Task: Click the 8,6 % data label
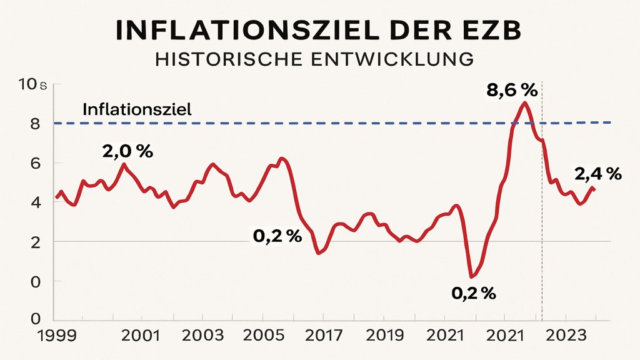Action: coord(511,91)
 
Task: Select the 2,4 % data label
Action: coord(597,173)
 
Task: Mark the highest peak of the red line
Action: coord(525,102)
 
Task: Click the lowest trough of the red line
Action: coord(471,276)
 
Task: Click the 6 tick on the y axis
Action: coord(36,163)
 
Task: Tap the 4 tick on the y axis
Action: coord(36,202)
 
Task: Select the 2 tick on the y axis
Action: coord(36,242)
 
